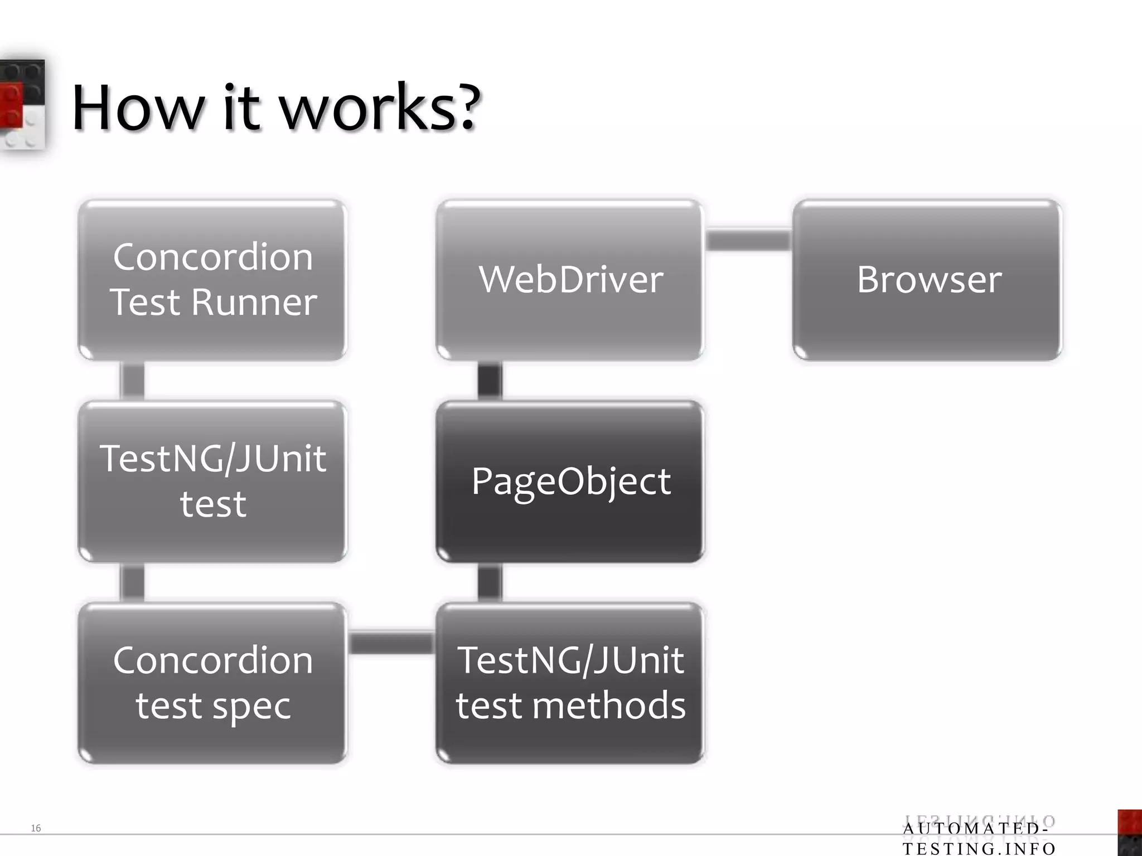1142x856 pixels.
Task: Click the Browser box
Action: click(927, 280)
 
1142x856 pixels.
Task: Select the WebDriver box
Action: click(570, 280)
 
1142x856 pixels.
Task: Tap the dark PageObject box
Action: click(570, 481)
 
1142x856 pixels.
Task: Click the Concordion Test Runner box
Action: click(212, 280)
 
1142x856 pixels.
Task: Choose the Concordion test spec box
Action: click(212, 683)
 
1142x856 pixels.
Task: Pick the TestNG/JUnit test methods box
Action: click(570, 683)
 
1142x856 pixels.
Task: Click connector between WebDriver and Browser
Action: click(748, 240)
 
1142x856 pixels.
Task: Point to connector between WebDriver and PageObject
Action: click(490, 381)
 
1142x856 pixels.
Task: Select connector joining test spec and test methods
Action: click(391, 643)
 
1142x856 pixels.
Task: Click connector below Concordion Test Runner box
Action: click(132, 381)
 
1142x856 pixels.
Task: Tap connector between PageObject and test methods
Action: click(490, 582)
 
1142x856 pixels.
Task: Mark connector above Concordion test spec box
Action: click(132, 582)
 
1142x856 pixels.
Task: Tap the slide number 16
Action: click(36, 828)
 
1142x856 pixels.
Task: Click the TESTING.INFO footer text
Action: click(979, 849)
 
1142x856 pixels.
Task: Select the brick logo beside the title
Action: click(22, 106)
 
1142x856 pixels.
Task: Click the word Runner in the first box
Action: click(254, 303)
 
